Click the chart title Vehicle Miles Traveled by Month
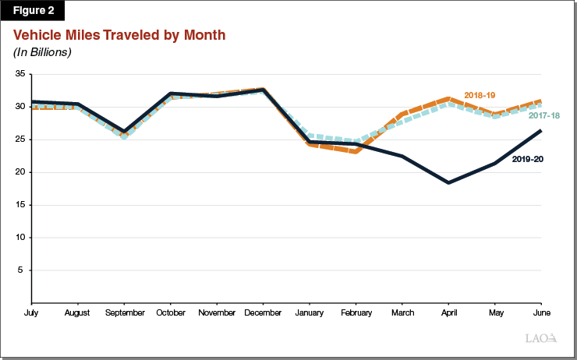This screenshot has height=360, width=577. point(119,36)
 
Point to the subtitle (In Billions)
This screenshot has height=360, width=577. point(42,52)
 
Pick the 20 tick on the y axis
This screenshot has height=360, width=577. point(21,172)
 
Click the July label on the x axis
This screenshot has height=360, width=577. point(30,312)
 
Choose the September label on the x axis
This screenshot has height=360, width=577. point(124,312)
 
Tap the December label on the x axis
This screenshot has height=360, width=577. point(263,312)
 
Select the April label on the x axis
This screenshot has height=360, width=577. point(448,312)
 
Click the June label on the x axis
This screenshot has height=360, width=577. point(541,312)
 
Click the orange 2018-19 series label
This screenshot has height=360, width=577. point(480,95)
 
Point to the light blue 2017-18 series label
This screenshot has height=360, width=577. point(543,116)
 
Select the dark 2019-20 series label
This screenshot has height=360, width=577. point(527,159)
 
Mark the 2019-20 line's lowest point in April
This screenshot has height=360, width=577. point(448,182)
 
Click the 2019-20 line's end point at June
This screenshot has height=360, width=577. point(541,131)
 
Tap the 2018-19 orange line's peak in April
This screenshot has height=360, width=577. point(448,99)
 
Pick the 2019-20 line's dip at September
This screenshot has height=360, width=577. point(124,132)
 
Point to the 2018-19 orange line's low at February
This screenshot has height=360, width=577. point(356,152)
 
